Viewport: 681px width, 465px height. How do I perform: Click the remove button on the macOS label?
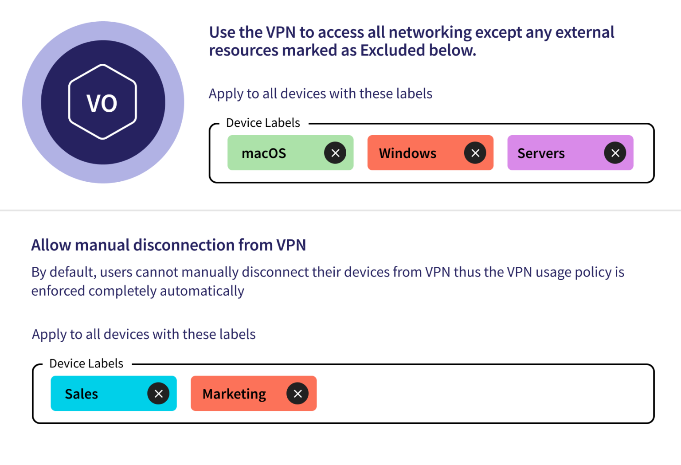(335, 153)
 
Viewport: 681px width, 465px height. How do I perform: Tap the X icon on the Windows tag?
(475, 153)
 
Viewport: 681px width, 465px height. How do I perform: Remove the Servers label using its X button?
(615, 153)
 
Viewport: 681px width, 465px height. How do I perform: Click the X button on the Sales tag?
(159, 394)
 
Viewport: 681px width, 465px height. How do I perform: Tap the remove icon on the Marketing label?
(297, 394)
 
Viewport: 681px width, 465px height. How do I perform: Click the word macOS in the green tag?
(264, 153)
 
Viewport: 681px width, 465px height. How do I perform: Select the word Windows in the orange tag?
(407, 153)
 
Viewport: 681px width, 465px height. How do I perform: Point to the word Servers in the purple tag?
(541, 153)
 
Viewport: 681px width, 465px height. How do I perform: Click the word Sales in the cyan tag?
(81, 394)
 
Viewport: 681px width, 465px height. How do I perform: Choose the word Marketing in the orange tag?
(234, 394)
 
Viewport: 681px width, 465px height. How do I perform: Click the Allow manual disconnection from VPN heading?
(168, 245)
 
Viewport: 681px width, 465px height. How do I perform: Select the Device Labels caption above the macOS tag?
(263, 123)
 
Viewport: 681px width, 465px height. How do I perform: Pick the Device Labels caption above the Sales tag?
(86, 363)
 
